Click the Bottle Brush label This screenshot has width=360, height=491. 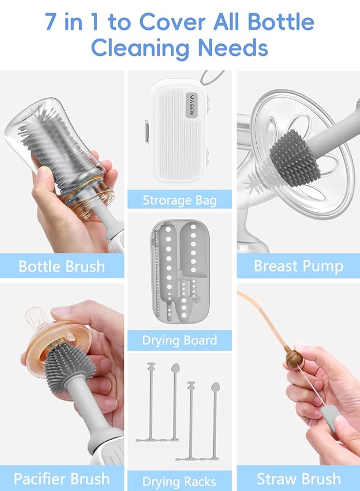point(61,265)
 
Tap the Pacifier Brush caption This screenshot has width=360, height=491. point(61,479)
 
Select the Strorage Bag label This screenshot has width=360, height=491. point(179,199)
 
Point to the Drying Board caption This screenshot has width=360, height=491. point(179,340)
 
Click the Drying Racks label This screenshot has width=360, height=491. point(179,481)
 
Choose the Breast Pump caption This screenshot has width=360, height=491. point(298,265)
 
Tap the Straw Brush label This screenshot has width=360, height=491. point(298,479)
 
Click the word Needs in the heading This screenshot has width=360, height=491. point(237,47)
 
